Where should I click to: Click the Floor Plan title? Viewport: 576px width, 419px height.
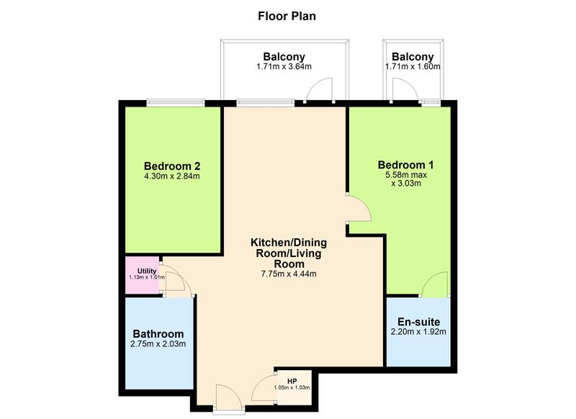(x=287, y=14)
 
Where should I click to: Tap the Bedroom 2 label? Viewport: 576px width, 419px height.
(x=171, y=163)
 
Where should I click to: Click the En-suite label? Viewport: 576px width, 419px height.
(x=418, y=321)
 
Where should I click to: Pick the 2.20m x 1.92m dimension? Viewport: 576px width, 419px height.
(x=418, y=332)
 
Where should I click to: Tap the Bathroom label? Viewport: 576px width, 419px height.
(x=158, y=334)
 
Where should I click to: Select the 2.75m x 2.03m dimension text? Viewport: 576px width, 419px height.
(x=158, y=345)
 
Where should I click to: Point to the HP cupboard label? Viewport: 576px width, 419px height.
(x=292, y=380)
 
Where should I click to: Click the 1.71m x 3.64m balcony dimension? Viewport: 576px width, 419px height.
(x=284, y=67)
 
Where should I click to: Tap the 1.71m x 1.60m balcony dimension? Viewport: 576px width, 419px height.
(x=413, y=67)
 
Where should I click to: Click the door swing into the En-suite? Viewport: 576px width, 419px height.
(x=435, y=286)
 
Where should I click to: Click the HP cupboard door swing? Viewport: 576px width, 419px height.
(x=264, y=389)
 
